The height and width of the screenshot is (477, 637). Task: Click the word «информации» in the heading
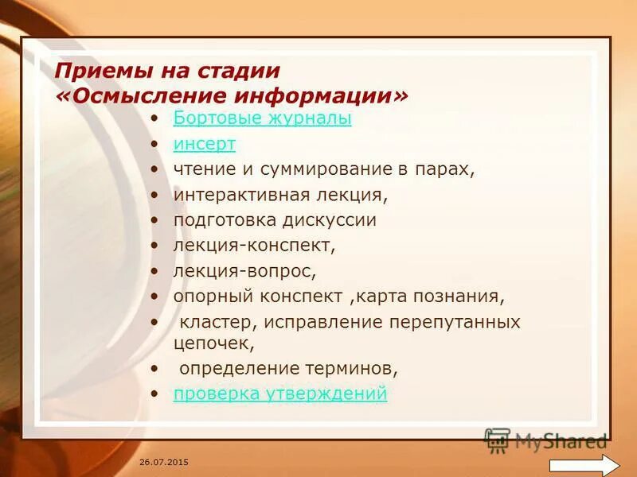pos(318,95)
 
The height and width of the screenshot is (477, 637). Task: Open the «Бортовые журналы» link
pos(262,119)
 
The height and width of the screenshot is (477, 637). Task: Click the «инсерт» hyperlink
pos(205,144)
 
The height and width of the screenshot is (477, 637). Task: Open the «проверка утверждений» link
pos(280,393)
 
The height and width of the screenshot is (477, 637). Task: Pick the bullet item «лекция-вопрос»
pos(244,271)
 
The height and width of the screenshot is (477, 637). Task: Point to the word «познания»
pos(463,297)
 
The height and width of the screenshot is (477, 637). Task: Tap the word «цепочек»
pos(213,343)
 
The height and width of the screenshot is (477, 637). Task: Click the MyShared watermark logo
pos(546,440)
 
